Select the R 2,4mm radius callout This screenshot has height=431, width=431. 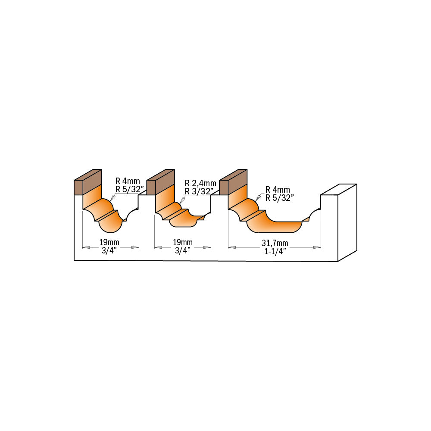200,183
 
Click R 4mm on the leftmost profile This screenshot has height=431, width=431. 128,181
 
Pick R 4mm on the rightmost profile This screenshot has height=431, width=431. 278,190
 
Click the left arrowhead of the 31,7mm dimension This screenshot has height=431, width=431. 232,247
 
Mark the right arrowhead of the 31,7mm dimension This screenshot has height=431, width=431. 317,247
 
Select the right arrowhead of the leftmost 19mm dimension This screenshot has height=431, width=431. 135,247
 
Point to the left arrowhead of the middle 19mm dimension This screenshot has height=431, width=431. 158,247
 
